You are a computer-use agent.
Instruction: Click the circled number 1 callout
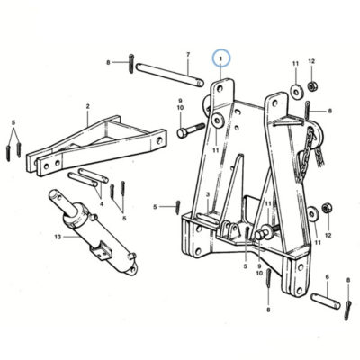click(221, 58)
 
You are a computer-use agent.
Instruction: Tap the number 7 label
click(188, 55)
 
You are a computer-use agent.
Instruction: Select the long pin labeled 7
click(170, 75)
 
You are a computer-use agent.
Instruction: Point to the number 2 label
click(87, 106)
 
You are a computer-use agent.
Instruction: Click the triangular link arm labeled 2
click(96, 146)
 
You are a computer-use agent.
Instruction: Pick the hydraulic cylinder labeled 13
click(93, 231)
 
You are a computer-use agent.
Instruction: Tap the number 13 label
click(58, 237)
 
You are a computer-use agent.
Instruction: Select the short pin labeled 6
click(326, 301)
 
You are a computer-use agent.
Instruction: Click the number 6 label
click(328, 277)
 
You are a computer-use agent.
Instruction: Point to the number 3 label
click(208, 195)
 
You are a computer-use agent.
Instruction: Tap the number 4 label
click(102, 204)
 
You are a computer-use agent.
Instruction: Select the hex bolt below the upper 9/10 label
click(191, 130)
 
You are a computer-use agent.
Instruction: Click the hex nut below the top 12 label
click(312, 86)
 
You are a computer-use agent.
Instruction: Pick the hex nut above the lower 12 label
click(327, 208)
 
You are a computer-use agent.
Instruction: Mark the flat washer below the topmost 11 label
click(297, 92)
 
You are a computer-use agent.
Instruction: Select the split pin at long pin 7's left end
click(131, 63)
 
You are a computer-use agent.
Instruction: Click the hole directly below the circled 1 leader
click(220, 89)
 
